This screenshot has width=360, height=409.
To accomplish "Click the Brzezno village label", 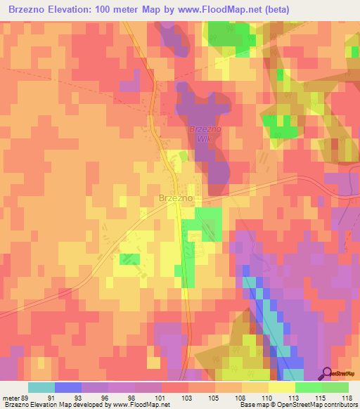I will tap(175, 199).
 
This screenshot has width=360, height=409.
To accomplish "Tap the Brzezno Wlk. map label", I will tap(203, 134).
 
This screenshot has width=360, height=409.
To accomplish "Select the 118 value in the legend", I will tap(348, 397).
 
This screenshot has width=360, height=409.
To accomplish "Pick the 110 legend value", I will tap(268, 397).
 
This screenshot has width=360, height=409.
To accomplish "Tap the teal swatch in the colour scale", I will tap(41, 387).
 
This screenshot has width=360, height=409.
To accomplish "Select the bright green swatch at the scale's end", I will tap(335, 387).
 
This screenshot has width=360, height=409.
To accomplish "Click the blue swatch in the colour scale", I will tap(67, 387).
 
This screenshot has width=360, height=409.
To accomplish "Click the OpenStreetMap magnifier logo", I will tap(328, 374).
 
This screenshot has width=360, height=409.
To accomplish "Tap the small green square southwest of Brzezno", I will tap(129, 259).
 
